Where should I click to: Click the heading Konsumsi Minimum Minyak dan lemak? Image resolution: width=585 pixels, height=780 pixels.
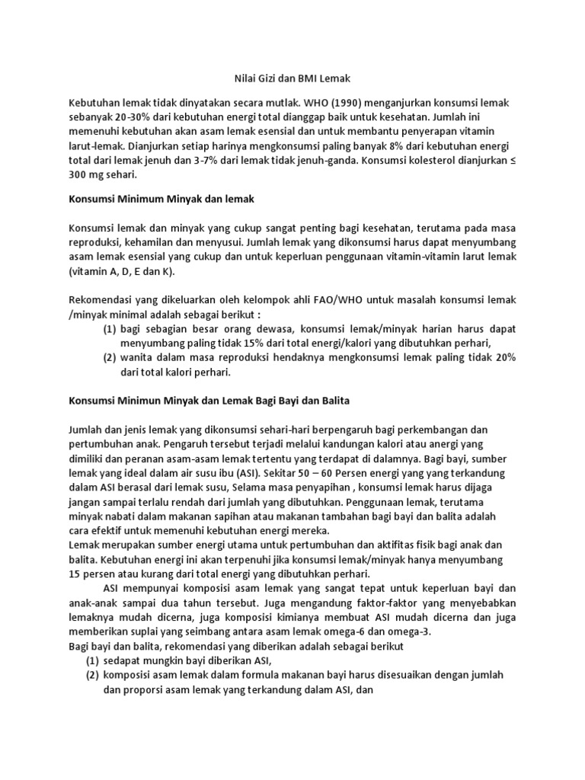coord(161,198)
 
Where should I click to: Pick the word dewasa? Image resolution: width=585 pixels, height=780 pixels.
coord(262,329)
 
